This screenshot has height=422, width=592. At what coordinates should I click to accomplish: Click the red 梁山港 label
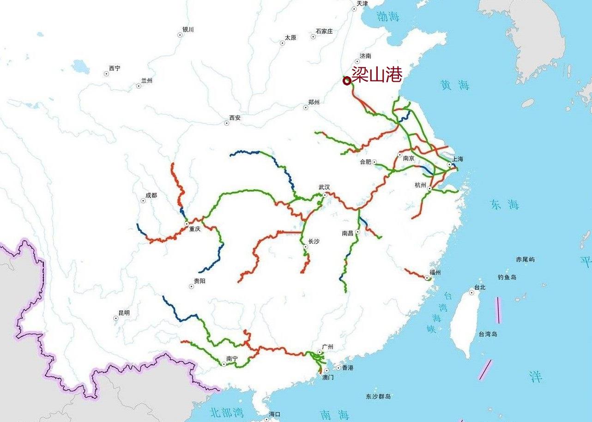[x=377, y=74]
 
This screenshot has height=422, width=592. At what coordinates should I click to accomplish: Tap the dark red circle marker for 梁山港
[x=347, y=81]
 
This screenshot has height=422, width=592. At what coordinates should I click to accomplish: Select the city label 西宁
[x=115, y=68]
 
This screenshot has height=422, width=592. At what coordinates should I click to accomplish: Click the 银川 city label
[x=188, y=30]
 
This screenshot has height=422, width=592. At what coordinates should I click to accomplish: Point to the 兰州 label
[x=147, y=81]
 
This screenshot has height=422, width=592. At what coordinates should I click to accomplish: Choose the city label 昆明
[x=124, y=313]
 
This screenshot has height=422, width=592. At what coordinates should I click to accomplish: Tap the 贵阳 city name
[x=200, y=281]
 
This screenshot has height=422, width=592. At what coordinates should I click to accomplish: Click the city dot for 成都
[x=143, y=201]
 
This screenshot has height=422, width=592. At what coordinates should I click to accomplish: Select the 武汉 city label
[x=324, y=187]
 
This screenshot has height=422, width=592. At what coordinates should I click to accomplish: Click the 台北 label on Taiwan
[x=480, y=287]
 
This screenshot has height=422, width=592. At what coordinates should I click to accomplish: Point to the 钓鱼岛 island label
[x=507, y=277]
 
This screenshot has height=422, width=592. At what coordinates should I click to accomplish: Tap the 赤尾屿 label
[x=525, y=259]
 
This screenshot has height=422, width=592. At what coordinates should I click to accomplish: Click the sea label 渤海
[x=388, y=17]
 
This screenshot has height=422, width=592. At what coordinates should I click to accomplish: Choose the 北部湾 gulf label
[x=226, y=411]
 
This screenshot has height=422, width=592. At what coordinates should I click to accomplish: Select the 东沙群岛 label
[x=379, y=397]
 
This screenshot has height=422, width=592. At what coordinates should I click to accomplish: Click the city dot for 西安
[x=227, y=123]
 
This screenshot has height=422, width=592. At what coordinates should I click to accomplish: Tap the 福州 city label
[x=435, y=272]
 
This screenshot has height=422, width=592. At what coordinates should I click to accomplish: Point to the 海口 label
[x=274, y=414]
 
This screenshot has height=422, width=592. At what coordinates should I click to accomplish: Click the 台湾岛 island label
[x=488, y=334]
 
